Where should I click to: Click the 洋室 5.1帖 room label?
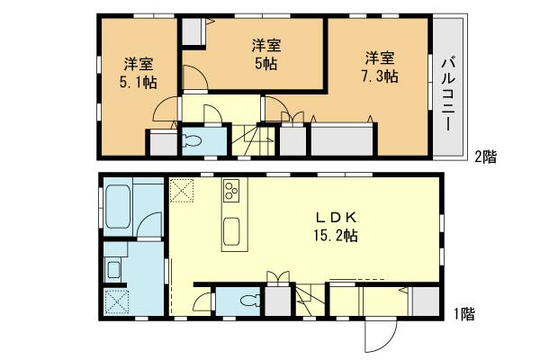click(138, 73)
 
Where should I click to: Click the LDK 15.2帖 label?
click(337, 226)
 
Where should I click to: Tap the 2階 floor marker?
click(485, 157)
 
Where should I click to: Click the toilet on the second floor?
click(193, 141)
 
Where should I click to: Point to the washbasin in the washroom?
click(114, 268)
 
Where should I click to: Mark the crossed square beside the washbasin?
click(116, 301)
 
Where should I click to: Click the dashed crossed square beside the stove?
click(182, 191)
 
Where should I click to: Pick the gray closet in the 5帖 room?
click(193, 31)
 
